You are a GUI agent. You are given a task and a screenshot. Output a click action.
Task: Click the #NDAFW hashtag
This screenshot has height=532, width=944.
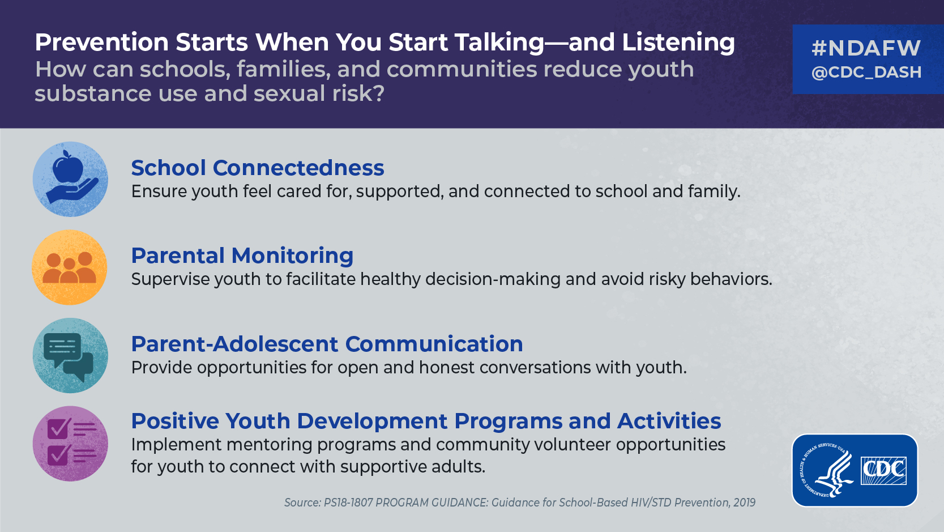point(866,48)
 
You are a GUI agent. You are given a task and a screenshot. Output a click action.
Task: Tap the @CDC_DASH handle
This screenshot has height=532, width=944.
point(866,73)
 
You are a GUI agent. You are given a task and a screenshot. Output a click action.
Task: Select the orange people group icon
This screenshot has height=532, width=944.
point(70,267)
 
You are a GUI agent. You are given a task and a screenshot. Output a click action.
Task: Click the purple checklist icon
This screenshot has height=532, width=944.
point(72,442)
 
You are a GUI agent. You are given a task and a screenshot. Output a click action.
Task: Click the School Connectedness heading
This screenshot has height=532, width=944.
point(258,168)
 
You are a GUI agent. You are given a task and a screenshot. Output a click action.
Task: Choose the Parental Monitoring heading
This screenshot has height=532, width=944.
point(242,256)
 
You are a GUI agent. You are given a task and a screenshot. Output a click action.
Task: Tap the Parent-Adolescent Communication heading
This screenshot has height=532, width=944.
point(327,344)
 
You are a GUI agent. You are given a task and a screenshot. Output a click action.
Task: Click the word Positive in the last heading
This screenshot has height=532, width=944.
point(175,421)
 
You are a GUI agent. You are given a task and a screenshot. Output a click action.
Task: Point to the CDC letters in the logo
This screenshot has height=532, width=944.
point(883,470)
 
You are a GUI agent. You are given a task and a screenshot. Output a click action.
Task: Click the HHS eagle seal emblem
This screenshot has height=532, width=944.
point(825,470)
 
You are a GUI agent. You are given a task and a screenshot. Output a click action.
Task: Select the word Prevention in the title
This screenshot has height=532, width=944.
point(101,42)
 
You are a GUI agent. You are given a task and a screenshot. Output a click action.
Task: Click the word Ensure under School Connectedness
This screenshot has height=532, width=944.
point(159,191)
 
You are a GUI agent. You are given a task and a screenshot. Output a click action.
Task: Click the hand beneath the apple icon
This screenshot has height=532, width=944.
point(72,191)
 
